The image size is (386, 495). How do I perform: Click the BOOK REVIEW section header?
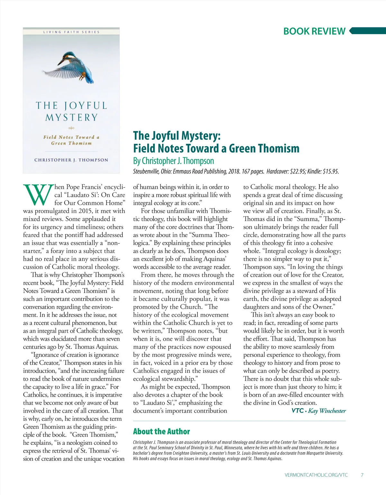coord(314,31)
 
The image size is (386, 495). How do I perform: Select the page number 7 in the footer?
coord(362,475)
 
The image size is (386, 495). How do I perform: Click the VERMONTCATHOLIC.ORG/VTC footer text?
coord(316,475)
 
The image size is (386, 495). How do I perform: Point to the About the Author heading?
coord(161,431)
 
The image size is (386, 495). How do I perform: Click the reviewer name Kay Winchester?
coord(327,411)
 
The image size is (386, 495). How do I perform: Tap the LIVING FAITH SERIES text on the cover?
coord(71,32)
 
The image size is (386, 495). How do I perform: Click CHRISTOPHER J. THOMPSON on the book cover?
coord(71,160)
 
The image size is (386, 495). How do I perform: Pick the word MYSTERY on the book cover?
coord(71,118)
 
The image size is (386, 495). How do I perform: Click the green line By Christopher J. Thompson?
coord(173,161)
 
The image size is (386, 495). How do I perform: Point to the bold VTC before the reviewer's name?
coord(298,411)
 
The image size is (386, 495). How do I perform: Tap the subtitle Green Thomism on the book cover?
coord(71,143)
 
